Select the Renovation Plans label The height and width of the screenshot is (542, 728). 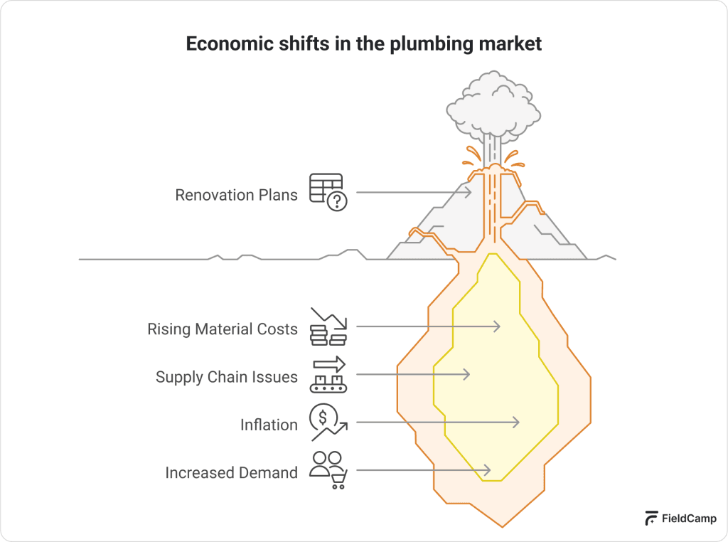[x=236, y=194]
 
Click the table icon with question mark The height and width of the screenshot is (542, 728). [x=327, y=191]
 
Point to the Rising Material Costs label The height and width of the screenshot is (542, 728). [x=222, y=329]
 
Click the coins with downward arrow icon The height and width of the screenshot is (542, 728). [x=328, y=326]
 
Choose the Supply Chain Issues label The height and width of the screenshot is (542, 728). [x=226, y=377]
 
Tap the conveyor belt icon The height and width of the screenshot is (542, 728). [x=328, y=375]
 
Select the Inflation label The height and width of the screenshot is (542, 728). [x=269, y=425]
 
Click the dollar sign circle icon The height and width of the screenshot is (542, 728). [x=327, y=421]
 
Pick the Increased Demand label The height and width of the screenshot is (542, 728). [x=231, y=472]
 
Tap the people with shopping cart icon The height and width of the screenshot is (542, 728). [x=328, y=470]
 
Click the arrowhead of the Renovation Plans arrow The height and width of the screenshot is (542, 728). [x=469, y=192]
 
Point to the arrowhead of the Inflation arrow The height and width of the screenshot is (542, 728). [x=517, y=423]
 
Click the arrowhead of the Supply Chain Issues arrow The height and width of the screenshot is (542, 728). [x=467, y=374]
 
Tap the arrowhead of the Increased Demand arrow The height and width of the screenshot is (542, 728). [x=488, y=470]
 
